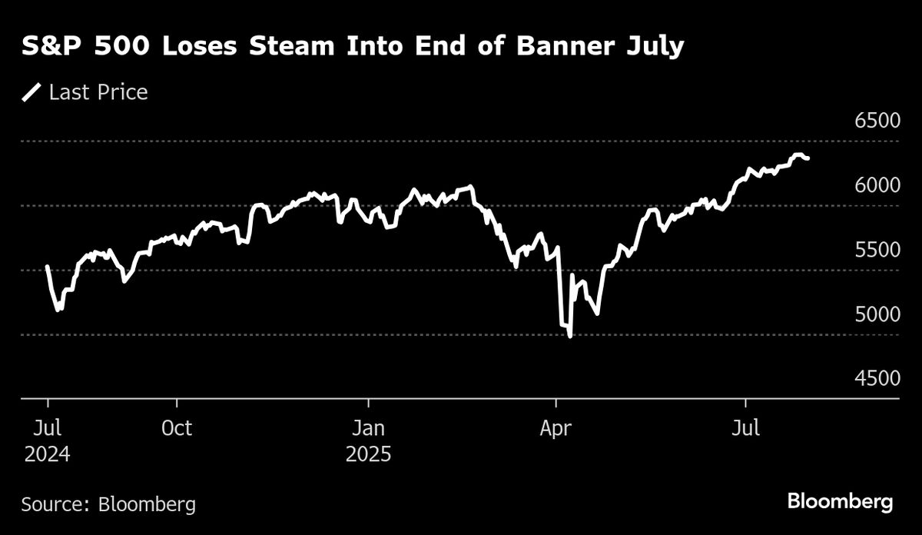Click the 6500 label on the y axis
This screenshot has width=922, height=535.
(x=877, y=121)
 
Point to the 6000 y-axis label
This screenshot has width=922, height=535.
(x=877, y=186)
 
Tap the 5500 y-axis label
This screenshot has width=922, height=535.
(x=877, y=251)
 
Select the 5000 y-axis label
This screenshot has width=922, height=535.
(x=877, y=315)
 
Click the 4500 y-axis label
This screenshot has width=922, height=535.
(x=877, y=379)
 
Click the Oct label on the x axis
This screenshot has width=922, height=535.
(x=177, y=427)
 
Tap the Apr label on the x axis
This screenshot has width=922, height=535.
(x=555, y=427)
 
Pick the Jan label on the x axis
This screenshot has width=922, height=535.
(x=369, y=427)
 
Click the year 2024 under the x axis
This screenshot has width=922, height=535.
(x=48, y=454)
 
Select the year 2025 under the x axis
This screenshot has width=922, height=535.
(x=369, y=454)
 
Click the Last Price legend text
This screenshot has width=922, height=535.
(x=98, y=93)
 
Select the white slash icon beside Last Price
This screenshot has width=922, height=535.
(x=32, y=93)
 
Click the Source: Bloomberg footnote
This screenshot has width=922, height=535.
(x=108, y=504)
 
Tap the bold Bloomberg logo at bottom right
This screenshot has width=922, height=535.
(x=840, y=503)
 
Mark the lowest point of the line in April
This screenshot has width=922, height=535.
(x=569, y=336)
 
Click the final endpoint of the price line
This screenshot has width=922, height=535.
(x=808, y=158)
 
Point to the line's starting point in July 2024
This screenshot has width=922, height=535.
(x=48, y=267)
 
